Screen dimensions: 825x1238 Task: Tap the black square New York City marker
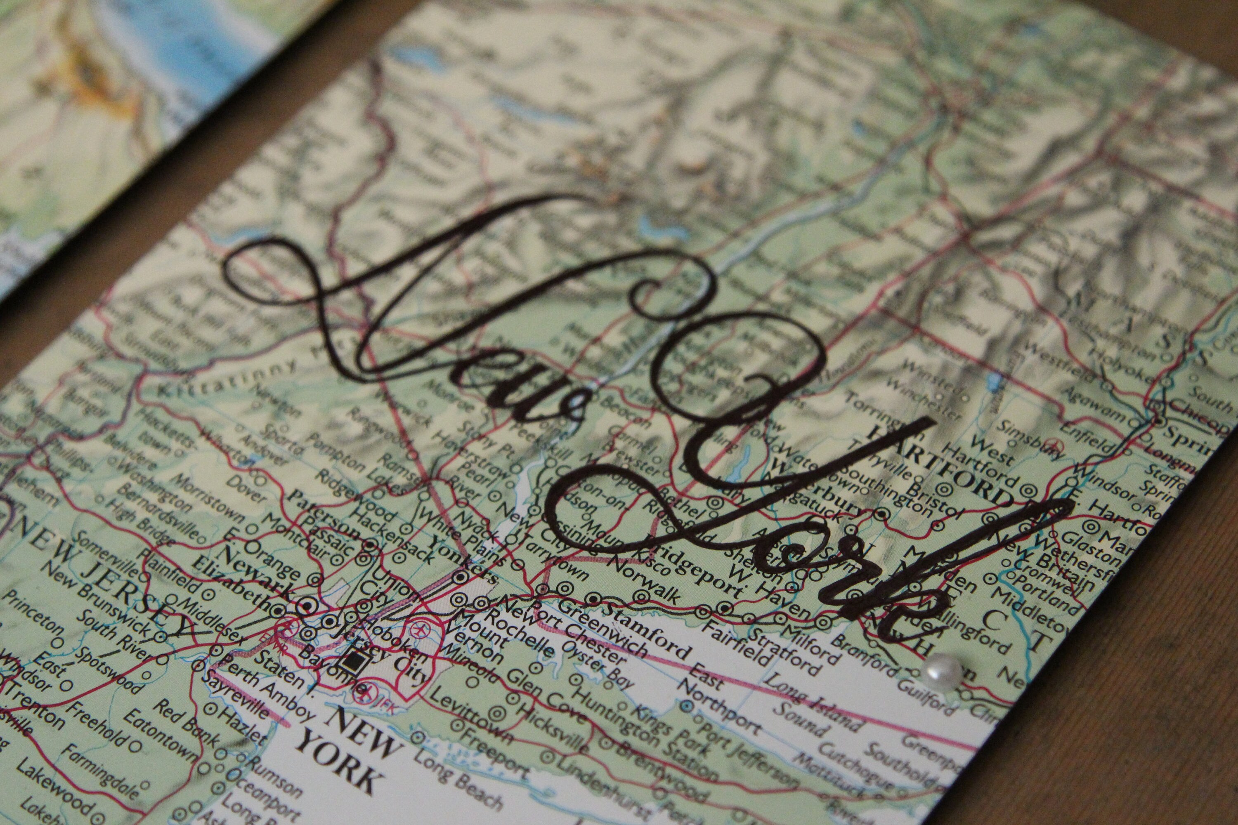click(x=350, y=661)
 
